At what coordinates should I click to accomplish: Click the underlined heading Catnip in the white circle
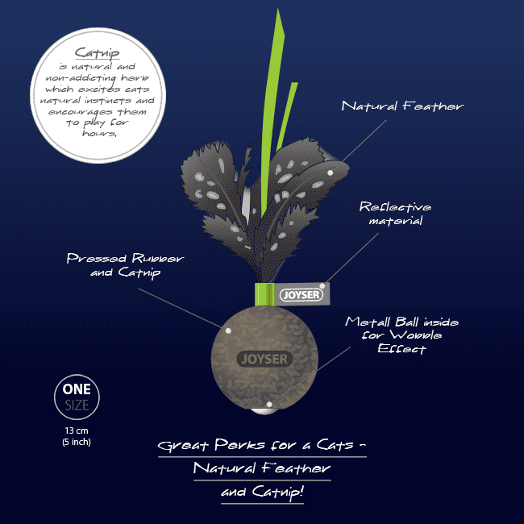[x=97, y=52]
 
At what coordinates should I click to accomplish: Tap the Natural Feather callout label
[x=402, y=106]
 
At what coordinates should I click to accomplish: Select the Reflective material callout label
[x=395, y=214]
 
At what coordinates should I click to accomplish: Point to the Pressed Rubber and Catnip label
[x=125, y=265]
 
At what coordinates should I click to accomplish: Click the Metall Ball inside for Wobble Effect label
[x=401, y=335]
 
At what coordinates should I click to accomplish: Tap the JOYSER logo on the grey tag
[x=302, y=295]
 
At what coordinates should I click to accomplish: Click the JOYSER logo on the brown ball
[x=264, y=360]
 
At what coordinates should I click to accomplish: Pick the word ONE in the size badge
[x=77, y=389]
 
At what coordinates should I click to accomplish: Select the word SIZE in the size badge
[x=77, y=405]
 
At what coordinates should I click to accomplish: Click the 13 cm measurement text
[x=77, y=430]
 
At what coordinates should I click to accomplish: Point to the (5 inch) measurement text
[x=77, y=442]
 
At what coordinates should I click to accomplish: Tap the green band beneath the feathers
[x=264, y=294]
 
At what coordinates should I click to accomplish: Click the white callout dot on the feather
[x=331, y=173]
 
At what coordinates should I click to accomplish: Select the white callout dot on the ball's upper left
[x=228, y=331]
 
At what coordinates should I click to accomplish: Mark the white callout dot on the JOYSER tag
[x=322, y=286]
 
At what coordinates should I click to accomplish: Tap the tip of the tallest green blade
[x=277, y=9]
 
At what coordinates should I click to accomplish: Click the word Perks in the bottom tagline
[x=239, y=445]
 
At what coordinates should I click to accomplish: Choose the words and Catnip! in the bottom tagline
[x=262, y=492]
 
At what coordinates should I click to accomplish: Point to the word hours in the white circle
[x=99, y=133]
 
